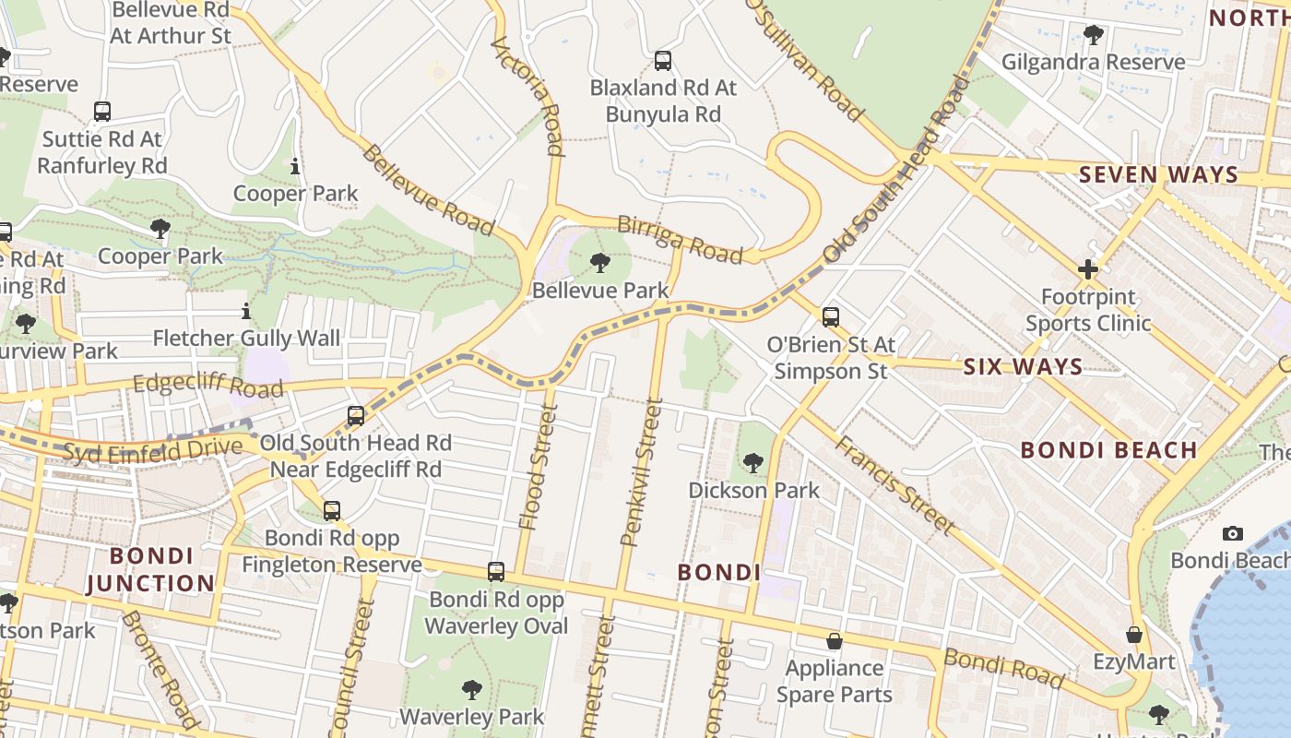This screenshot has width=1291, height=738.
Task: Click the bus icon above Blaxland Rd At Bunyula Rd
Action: click(662, 62)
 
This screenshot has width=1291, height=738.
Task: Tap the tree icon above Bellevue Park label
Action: click(600, 263)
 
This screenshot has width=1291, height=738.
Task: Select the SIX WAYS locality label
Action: click(1023, 367)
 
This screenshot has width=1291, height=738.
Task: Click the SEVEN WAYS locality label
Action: click(1158, 174)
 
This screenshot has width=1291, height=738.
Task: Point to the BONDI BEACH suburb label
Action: click(1109, 450)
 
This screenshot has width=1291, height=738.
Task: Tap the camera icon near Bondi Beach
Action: click(1232, 534)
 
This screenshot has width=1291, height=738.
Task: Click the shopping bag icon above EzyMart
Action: click(1134, 635)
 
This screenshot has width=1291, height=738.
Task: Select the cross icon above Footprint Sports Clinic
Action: click(1088, 270)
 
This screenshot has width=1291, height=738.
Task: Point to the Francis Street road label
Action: click(894, 484)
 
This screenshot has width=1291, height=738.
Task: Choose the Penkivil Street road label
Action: click(642, 471)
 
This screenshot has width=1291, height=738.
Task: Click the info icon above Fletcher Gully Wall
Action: click(246, 311)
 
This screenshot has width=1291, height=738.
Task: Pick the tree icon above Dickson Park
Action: click(753, 463)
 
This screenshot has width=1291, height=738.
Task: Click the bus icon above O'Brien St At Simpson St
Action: click(830, 317)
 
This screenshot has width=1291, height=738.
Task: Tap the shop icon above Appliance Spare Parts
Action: click(835, 641)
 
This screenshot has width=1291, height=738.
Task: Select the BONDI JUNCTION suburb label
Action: click(162, 569)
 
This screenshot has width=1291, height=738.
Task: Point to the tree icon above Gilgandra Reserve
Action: click(1093, 36)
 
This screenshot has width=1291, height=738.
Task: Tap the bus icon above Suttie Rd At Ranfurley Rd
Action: click(102, 112)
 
